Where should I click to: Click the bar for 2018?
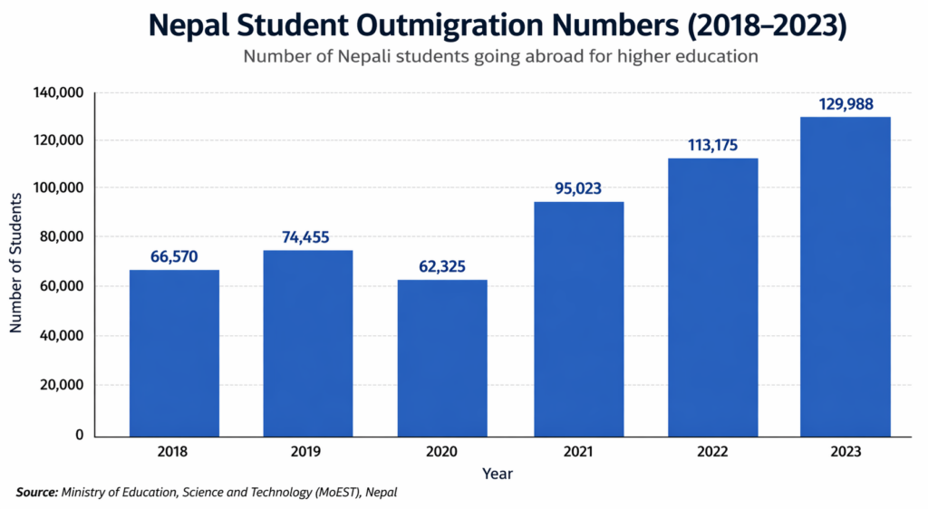point(174,352)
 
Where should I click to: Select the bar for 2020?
point(442,357)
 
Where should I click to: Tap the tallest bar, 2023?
point(845,276)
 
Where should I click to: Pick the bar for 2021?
point(578,318)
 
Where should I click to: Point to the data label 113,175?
point(712,146)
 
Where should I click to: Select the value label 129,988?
point(845,104)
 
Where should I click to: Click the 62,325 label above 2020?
point(442,267)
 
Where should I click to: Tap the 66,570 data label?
point(174,257)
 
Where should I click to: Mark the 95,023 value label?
point(578,188)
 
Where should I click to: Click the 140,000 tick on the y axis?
point(59,92)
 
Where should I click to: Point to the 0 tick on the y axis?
point(79,435)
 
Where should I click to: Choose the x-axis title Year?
point(498,473)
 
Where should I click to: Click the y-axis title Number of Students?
point(16,263)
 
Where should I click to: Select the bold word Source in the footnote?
point(36,493)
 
